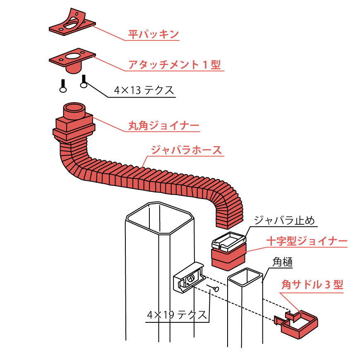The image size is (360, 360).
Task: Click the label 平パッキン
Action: click(x=153, y=34)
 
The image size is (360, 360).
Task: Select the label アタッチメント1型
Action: click(x=174, y=65)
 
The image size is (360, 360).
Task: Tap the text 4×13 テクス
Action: click(x=144, y=90)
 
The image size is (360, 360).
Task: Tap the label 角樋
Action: click(x=283, y=262)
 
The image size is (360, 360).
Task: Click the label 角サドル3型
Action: click(x=312, y=285)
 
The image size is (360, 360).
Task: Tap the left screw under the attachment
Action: click(x=63, y=86)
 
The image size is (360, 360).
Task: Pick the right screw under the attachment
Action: click(x=84, y=81)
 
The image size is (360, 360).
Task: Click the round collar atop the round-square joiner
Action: click(x=74, y=110)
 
